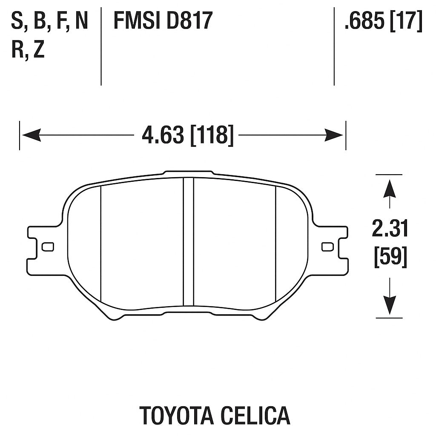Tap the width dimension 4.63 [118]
click(187, 135)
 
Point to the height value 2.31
click(390, 229)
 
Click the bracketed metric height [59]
click(390, 258)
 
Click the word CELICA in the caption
click(255, 415)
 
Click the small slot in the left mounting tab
click(48, 247)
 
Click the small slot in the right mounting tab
click(327, 247)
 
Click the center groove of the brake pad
click(188, 241)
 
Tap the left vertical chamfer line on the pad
click(100, 243)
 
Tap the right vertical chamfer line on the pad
click(276, 243)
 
